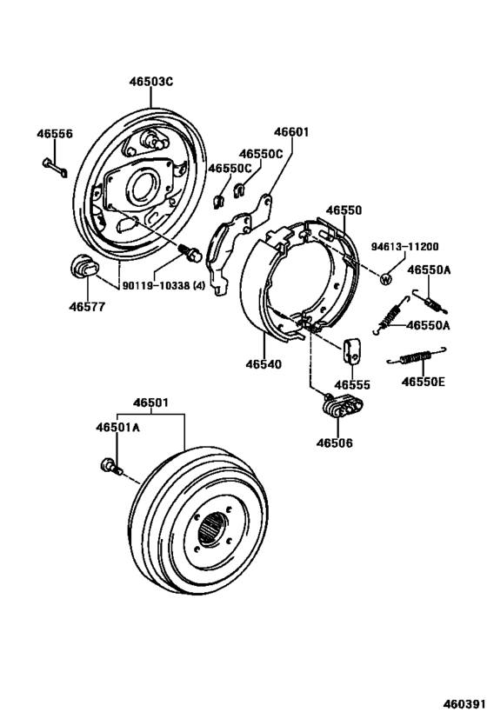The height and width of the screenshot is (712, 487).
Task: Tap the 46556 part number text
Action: point(54,134)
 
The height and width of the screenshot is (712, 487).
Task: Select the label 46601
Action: point(291,133)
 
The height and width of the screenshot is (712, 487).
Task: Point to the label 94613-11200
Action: point(405,246)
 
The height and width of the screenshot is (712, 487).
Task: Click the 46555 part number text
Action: point(353,384)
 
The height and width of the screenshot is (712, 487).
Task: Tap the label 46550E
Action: point(423,381)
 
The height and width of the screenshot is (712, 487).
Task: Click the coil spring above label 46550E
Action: point(421,355)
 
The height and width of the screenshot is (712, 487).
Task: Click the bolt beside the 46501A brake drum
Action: point(111,468)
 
